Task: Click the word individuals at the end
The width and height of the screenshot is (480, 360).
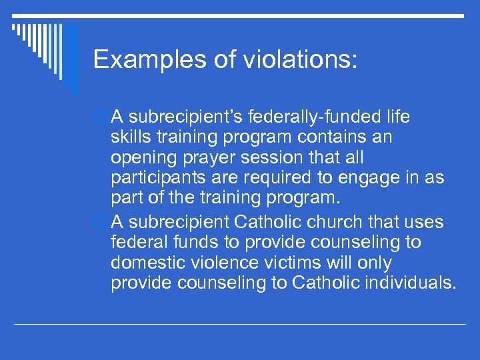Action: point(411,283)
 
